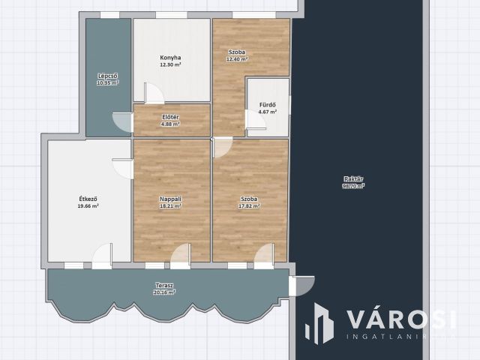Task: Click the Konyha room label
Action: coord(170,58)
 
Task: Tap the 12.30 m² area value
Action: coord(170,65)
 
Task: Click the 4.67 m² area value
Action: coord(268,112)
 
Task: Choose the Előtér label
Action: coord(170,117)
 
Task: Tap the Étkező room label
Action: coord(88,198)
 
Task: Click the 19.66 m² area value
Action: coord(88,205)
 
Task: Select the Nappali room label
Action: coord(170,198)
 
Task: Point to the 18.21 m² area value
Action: coord(170,205)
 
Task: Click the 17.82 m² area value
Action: coord(249,205)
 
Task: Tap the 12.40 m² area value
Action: coord(238,59)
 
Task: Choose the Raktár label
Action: coord(353,178)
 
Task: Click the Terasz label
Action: coord(164,285)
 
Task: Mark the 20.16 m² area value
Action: coord(164,292)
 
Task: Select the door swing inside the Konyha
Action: coord(153,93)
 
